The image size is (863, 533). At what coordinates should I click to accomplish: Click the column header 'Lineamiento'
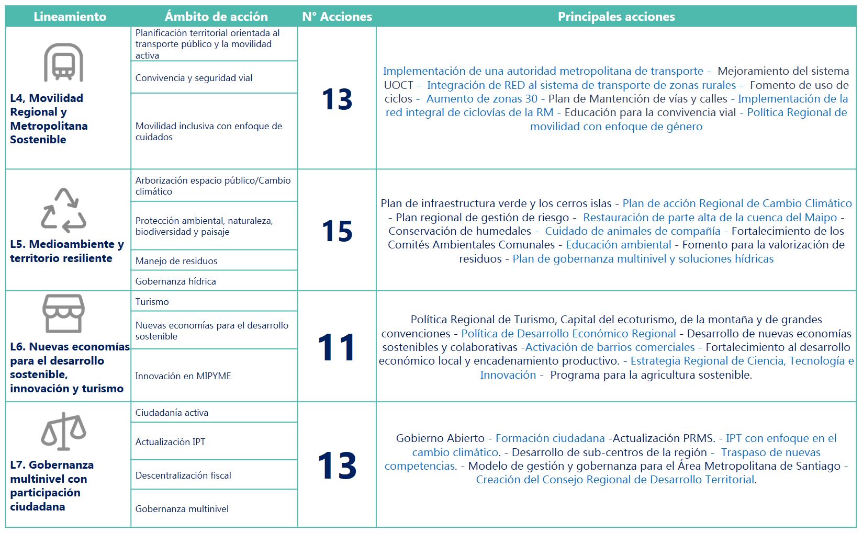pos(70,17)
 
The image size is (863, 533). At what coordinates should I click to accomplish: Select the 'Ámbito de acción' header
pos(216,17)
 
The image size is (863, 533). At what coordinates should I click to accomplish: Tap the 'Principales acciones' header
pos(616,17)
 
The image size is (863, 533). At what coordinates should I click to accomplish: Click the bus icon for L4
pos(63,62)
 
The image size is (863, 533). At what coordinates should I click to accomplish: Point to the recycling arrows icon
pos(63,210)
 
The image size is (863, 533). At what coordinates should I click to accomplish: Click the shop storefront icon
pos(63,313)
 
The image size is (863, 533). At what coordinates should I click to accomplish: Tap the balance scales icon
pos(63,432)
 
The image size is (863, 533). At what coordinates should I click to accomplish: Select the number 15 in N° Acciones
pos(337,231)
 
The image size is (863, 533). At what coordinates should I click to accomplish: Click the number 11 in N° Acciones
pos(337,347)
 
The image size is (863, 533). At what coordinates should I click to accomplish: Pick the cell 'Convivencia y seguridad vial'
pos(194,78)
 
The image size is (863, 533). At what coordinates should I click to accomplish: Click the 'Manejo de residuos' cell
pos(176,261)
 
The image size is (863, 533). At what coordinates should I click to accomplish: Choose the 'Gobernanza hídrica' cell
pos(176,281)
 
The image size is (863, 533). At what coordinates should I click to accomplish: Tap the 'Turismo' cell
pos(152,302)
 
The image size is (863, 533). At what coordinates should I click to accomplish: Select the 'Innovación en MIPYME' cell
pos(183,376)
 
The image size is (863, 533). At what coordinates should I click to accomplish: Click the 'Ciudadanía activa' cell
pos(172,413)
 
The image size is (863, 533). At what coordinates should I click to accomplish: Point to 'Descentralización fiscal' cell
pos(183,475)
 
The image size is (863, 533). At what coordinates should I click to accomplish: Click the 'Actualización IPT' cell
pos(170,442)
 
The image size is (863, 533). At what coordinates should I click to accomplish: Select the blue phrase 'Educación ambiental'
pos(618,245)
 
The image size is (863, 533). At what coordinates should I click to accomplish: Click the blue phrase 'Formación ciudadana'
pos(550,438)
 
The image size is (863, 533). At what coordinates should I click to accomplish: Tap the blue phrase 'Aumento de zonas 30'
pos(481,99)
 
